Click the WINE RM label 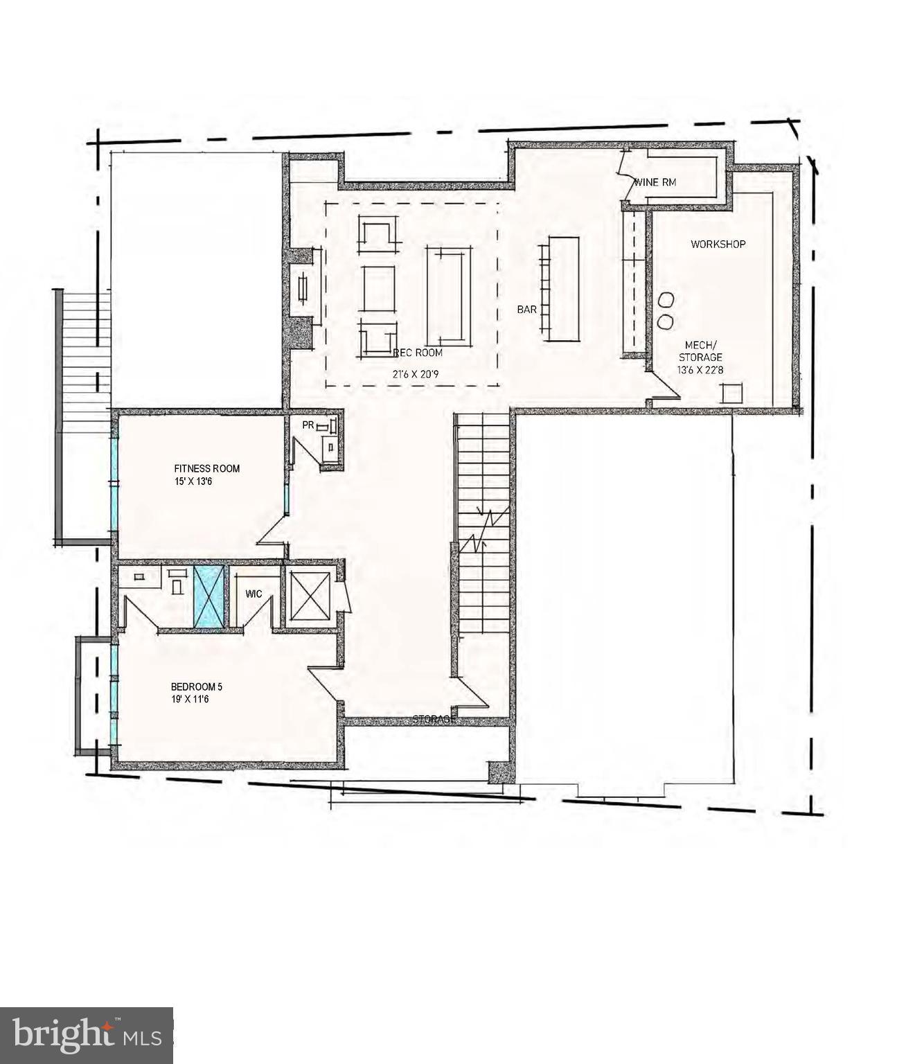point(655,183)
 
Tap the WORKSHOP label point(718,244)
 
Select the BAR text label point(526,310)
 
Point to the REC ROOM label point(418,353)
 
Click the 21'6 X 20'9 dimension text point(415,374)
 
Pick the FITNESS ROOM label point(207,468)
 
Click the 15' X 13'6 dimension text point(193,481)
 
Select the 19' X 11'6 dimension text point(190,700)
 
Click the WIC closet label point(253,594)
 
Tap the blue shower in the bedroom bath point(208,596)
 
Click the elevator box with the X point(310,595)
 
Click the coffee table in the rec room point(449,295)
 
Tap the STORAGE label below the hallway point(434,720)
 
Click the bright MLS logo point(87,1036)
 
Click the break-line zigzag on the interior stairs point(483,528)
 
